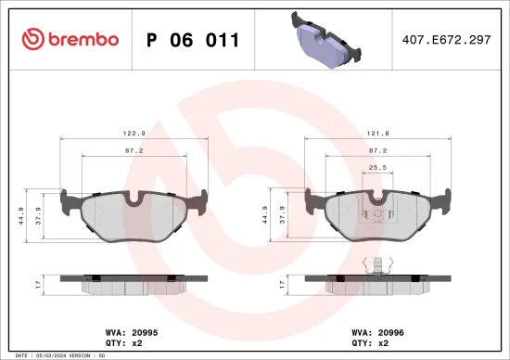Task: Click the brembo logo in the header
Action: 70,40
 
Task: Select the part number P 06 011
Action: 193,40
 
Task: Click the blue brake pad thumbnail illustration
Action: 325,40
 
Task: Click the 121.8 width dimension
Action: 378,133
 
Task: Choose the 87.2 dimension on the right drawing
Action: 378,148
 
